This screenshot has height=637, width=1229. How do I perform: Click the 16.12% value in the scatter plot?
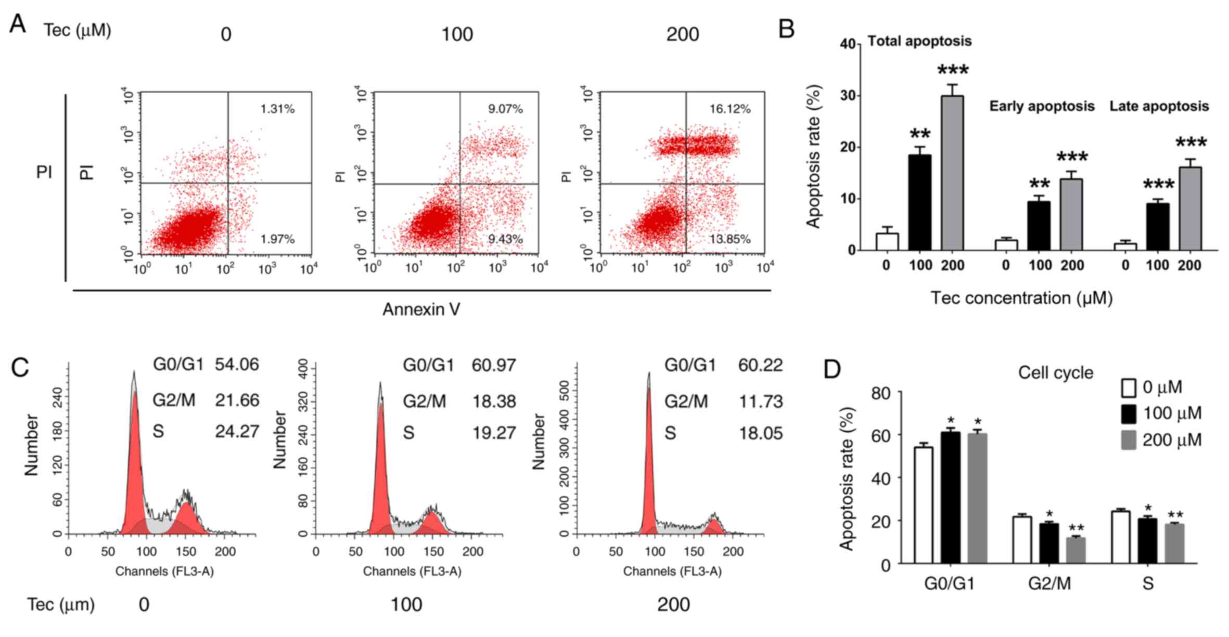pos(729,109)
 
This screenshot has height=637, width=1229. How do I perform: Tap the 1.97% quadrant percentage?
pos(277,239)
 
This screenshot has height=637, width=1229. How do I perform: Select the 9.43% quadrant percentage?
pos(505,239)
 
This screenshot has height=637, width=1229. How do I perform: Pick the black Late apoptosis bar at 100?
pos(1157,227)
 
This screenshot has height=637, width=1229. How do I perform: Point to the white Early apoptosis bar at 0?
pos(1006,245)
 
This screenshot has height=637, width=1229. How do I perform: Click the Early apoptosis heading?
pos(1042,107)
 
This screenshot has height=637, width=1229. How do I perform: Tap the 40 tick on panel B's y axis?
pos(848,44)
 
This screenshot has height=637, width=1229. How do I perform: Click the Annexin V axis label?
pos(421,309)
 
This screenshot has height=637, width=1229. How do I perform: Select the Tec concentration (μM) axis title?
pos(1021,298)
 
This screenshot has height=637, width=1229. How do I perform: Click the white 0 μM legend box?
pos(1128,388)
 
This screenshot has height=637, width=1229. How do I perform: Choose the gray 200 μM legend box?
pos(1128,440)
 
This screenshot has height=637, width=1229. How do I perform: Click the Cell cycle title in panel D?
pos(1055,373)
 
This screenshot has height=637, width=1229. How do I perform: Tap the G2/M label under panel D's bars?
pos(1049,583)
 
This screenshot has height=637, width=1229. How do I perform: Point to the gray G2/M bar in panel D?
pos(1076,550)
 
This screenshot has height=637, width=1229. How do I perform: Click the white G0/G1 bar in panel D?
pos(923,504)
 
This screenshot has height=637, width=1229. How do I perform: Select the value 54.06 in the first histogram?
pos(237,365)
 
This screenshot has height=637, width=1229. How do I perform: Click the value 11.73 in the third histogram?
pos(761,401)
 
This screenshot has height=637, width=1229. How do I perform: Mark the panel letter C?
pos(20,368)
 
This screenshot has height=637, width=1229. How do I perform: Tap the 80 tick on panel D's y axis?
pos(881,393)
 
